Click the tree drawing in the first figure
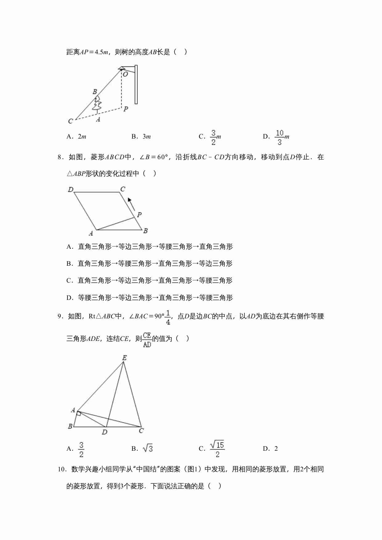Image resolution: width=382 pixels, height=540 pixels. (x=97, y=103)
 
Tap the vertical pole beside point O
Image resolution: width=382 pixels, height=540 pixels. (x=136, y=85)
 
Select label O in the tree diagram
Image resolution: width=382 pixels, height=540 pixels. (x=125, y=74)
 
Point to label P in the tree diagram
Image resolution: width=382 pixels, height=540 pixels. (x=126, y=109)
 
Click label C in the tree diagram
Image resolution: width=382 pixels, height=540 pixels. (x=70, y=121)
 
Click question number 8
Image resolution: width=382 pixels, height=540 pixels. (x=60, y=157)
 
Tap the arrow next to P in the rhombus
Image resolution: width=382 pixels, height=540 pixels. (x=131, y=204)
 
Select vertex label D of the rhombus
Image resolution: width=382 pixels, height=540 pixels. (x=70, y=189)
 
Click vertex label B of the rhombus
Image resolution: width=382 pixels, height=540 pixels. (x=146, y=231)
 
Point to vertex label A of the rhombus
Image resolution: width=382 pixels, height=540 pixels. (x=91, y=234)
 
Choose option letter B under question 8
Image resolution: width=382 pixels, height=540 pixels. (x=69, y=264)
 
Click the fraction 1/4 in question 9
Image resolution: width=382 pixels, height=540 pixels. (x=168, y=317)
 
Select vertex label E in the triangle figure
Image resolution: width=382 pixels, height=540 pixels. (x=124, y=358)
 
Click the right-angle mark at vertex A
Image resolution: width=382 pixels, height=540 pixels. (x=79, y=413)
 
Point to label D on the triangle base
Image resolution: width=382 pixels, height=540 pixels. (x=105, y=432)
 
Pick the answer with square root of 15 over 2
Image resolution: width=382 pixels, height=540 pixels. (x=217, y=449)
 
